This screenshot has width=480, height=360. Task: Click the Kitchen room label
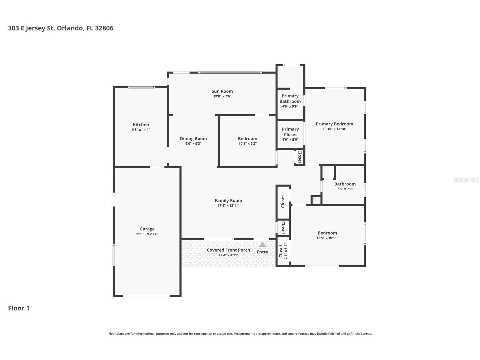coord(141,125)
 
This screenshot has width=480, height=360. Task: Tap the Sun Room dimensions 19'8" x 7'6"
coord(222,96)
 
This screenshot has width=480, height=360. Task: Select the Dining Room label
coord(193,138)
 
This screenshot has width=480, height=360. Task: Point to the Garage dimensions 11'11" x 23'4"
coord(147,234)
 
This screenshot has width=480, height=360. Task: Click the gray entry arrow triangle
coord(262,244)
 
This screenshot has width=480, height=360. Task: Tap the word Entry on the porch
coord(262,252)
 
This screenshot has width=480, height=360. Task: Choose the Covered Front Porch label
coord(229,250)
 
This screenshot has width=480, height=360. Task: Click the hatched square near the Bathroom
coord(317,200)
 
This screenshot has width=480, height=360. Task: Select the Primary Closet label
coord(290,132)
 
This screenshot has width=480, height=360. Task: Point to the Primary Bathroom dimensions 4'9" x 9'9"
coord(290,106)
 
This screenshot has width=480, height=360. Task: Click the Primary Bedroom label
coord(335,124)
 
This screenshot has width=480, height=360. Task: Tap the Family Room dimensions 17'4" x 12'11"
coord(229,205)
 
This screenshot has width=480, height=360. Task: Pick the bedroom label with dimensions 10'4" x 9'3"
coord(247,138)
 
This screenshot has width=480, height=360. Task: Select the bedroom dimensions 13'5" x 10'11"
coord(327,238)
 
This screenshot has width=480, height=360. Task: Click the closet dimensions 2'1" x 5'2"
coord(286,251)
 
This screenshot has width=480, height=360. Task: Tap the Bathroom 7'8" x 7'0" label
coord(345,184)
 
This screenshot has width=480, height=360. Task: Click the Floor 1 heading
coord(19,308)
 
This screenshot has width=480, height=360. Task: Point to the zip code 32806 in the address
coord(104,28)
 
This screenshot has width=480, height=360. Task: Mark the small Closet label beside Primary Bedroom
coord(300,157)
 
